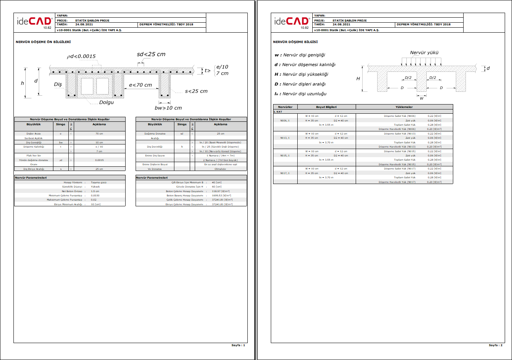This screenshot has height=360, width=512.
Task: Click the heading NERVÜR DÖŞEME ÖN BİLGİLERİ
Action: pyautogui.click(x=43, y=42)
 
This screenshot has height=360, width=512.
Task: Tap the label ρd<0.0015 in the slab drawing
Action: pyautogui.click(x=81, y=56)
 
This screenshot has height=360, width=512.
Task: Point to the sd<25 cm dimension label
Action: pyautogui.click(x=151, y=54)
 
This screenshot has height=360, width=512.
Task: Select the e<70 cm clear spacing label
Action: pyautogui.click(x=140, y=85)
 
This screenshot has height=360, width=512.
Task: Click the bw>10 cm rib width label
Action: pyautogui.click(x=168, y=108)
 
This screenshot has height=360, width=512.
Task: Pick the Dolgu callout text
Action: pyautogui.click(x=106, y=103)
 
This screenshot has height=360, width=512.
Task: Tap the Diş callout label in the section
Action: pyautogui.click(x=58, y=84)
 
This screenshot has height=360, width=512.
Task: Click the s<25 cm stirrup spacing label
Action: pyautogui.click(x=196, y=91)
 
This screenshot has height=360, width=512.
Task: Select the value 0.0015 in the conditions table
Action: pyautogui.click(x=99, y=160)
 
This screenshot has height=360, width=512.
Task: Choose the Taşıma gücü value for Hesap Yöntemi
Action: pyautogui.click(x=99, y=182)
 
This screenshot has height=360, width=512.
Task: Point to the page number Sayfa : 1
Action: pyautogui.click(x=238, y=345)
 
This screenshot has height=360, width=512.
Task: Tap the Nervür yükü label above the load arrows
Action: pyautogui.click(x=424, y=53)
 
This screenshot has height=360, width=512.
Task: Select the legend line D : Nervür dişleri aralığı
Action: pyautogui.click(x=300, y=84)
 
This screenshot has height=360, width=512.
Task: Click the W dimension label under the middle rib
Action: pyautogui.click(x=421, y=98)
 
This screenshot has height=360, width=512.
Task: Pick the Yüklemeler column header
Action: pyautogui.click(x=404, y=107)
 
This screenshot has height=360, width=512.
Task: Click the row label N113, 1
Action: pyautogui.click(x=285, y=138)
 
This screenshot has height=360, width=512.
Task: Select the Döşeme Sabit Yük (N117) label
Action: pyautogui.click(x=400, y=169)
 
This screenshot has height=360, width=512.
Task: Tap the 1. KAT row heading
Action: pyautogui.click(x=278, y=112)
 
